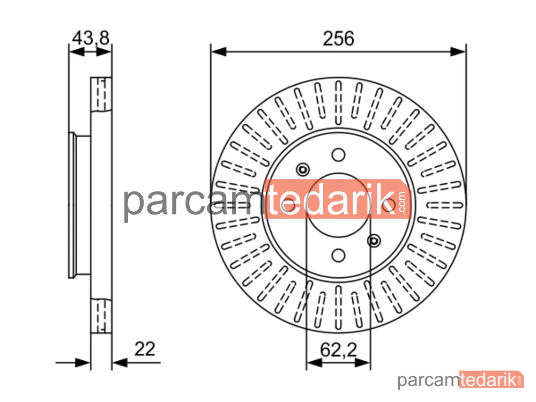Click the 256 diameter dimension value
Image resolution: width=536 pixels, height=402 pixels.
click(x=338, y=38)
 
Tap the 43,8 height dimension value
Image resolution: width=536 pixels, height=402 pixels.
click(x=91, y=38)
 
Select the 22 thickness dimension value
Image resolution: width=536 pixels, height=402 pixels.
click(x=145, y=349)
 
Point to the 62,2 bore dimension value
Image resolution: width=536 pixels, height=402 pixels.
click(x=338, y=349)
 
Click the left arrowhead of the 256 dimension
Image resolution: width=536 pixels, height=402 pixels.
click(x=219, y=51)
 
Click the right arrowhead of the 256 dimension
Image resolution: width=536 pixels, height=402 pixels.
click(x=458, y=51)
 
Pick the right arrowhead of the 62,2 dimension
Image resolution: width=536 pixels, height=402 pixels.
click(x=362, y=363)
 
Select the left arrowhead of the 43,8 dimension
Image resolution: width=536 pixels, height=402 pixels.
click(x=77, y=51)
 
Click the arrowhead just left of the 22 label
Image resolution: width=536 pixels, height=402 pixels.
click(x=120, y=363)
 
